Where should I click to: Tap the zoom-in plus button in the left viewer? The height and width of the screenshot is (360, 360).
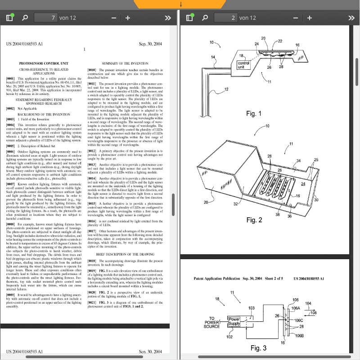tap(128, 18)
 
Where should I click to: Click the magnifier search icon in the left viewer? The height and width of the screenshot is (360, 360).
tap(25, 18)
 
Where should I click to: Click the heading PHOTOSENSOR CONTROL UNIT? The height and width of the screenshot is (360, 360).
tap(44, 64)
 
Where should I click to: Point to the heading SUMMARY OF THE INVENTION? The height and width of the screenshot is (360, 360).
tap(125, 64)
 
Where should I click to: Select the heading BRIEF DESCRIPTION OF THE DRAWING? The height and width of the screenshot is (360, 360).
tap(125, 254)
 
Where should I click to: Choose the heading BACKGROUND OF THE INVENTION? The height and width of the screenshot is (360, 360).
tap(44, 114)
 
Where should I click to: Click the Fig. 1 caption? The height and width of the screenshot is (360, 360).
tap(254, 114)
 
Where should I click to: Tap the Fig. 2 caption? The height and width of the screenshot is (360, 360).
tap(254, 220)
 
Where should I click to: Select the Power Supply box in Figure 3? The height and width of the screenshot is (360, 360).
tap(234, 321)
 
